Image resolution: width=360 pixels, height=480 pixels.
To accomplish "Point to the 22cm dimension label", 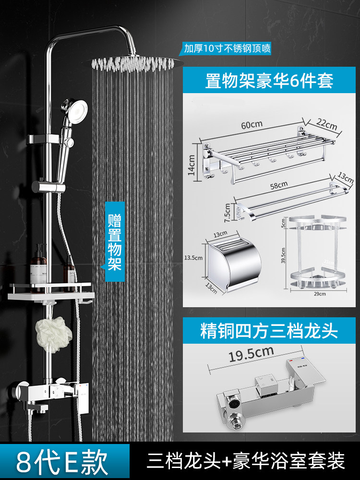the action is point(326,125).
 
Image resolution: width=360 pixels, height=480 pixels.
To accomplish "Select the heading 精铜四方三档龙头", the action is point(269,331).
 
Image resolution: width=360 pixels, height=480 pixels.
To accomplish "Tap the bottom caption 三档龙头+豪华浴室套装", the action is point(245,462).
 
